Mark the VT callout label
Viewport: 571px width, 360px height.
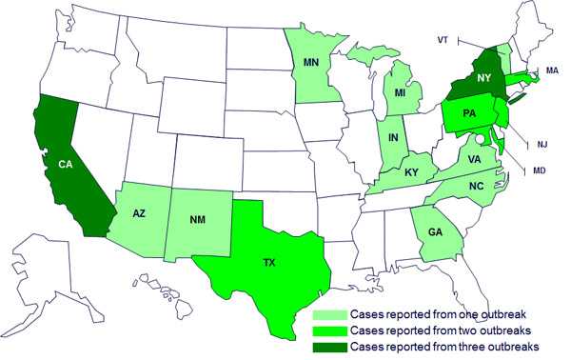point(442,40)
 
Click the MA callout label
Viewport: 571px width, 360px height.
point(551,70)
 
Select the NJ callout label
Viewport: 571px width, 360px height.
point(542,144)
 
